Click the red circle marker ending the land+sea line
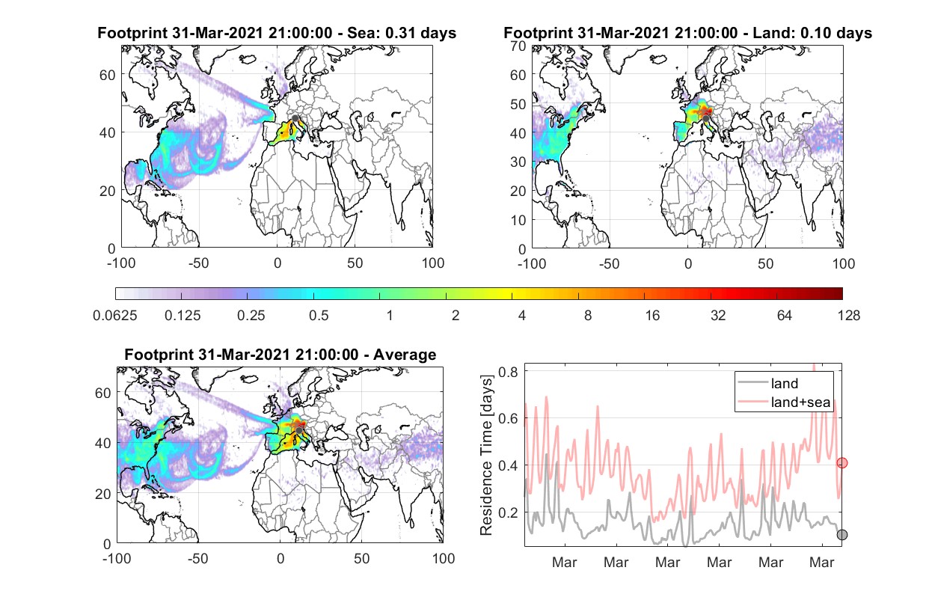(x=842, y=463)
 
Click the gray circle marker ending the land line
(x=842, y=535)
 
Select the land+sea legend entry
(x=785, y=402)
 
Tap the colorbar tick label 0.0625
(x=115, y=316)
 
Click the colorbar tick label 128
(x=849, y=316)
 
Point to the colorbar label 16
(x=652, y=316)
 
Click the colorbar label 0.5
(x=319, y=316)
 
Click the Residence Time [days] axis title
(x=486, y=456)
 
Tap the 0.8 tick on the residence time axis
(x=508, y=372)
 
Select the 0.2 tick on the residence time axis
(x=508, y=512)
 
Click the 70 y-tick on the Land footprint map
(x=518, y=46)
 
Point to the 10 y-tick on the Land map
(x=518, y=220)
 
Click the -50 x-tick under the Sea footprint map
(x=199, y=263)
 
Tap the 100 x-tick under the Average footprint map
(x=444, y=558)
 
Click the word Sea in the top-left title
(x=360, y=32)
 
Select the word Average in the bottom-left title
(x=405, y=355)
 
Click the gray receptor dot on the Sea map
(x=295, y=118)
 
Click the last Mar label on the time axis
(x=822, y=562)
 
